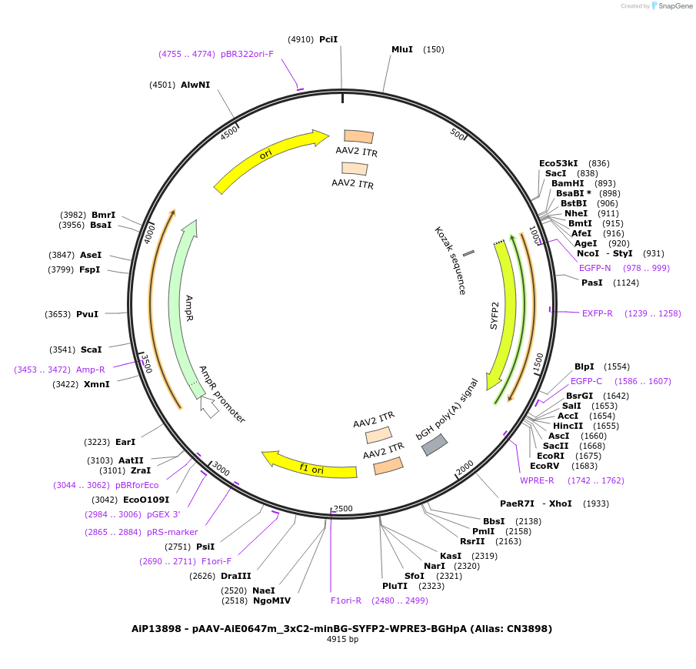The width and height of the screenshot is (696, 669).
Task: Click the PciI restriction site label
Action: [328, 38]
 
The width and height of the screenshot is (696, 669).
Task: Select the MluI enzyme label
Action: [402, 49]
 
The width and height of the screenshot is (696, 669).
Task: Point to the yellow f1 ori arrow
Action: [308, 464]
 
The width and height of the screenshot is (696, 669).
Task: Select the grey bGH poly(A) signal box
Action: [434, 444]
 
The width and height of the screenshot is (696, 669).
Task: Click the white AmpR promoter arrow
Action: [208, 406]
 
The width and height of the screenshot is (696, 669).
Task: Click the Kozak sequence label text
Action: [451, 260]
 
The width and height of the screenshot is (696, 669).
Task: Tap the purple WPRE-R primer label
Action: [537, 480]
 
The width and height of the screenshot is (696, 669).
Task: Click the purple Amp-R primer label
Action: [90, 370]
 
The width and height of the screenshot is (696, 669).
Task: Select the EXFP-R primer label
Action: [598, 313]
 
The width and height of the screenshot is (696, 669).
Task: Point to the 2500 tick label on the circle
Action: [343, 508]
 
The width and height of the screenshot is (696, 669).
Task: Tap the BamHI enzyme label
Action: [568, 183]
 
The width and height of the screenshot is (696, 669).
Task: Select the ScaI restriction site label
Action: [91, 350]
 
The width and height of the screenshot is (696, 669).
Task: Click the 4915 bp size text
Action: [342, 639]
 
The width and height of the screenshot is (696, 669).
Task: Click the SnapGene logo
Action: [671, 6]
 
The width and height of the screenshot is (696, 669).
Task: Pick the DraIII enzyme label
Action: [236, 575]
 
